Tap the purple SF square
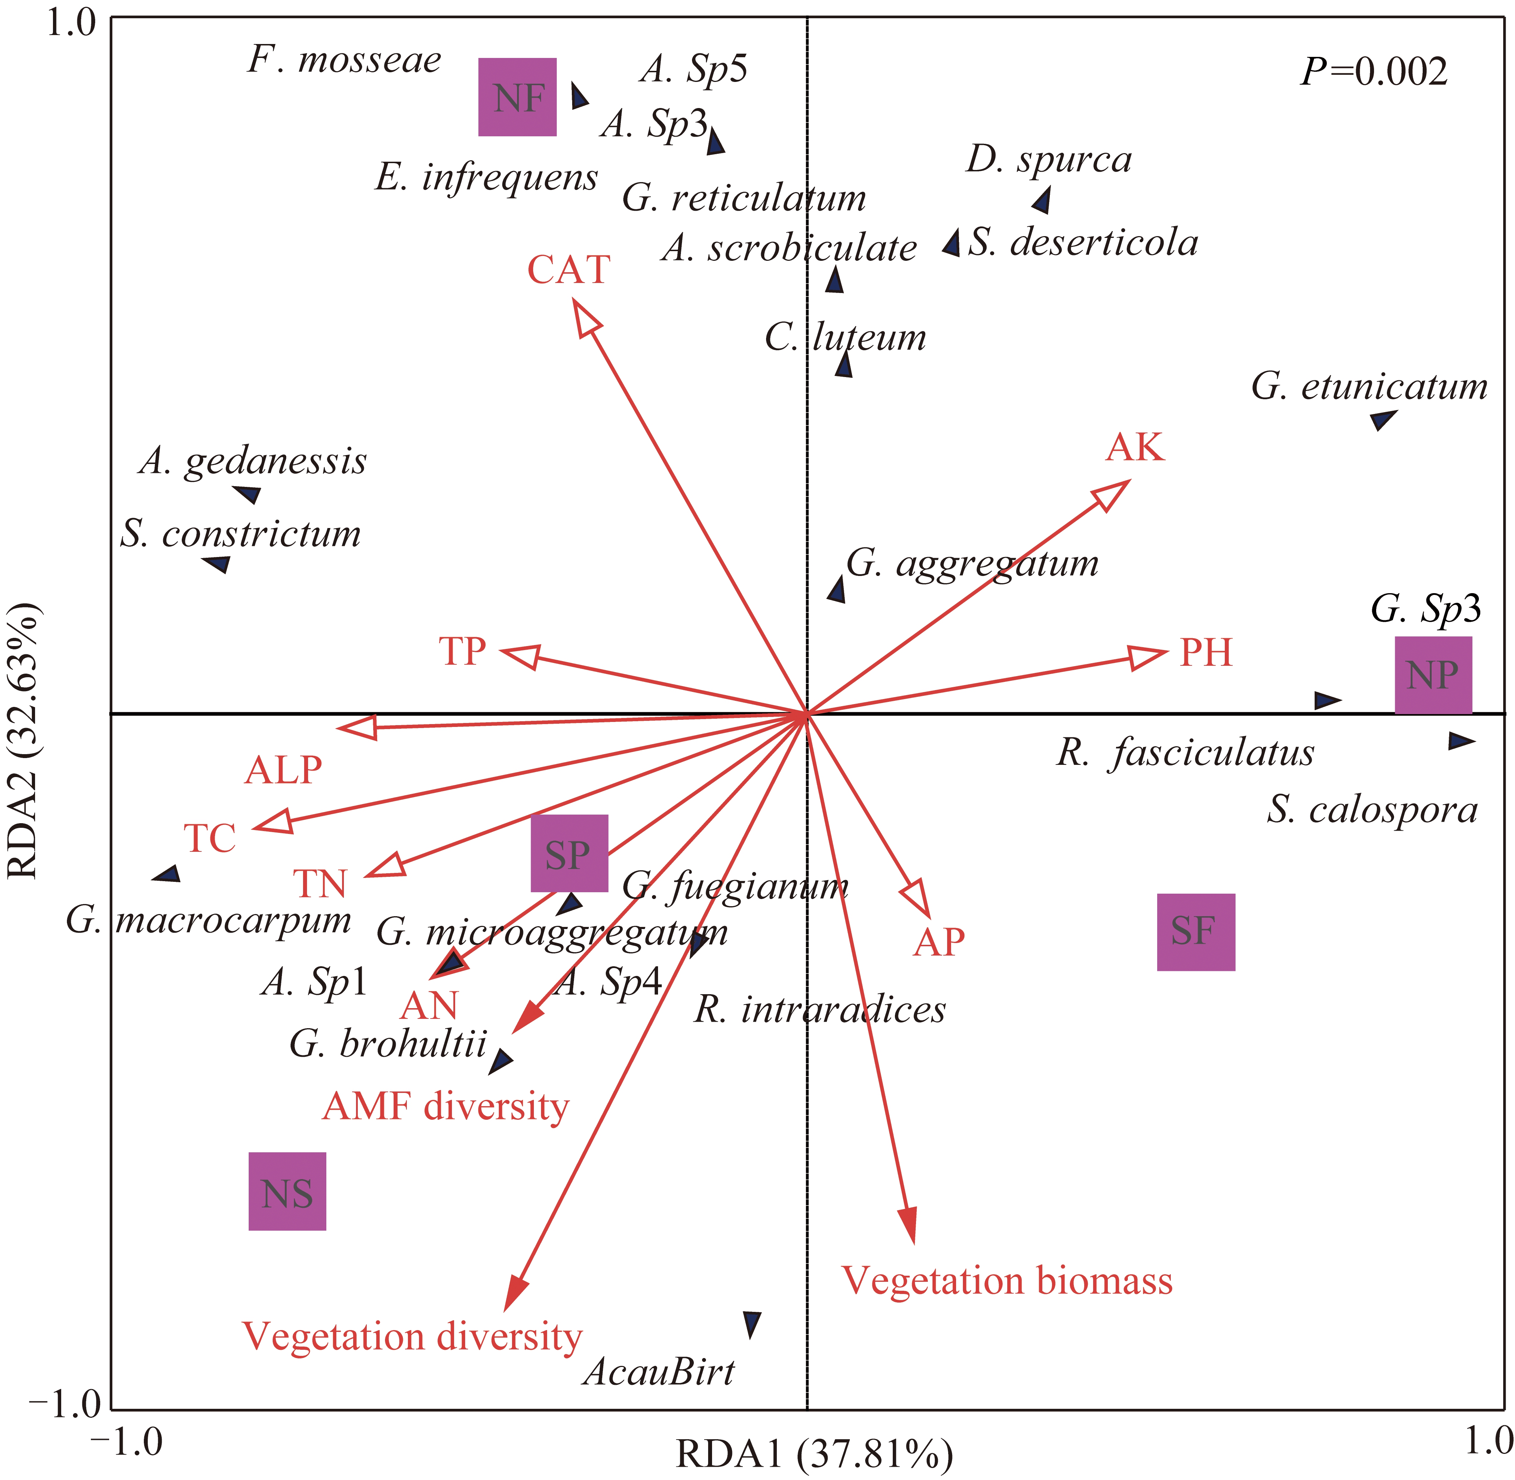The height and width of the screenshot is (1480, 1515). point(1195,932)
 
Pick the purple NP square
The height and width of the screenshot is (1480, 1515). point(1433,675)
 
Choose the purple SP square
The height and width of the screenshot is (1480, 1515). point(569,854)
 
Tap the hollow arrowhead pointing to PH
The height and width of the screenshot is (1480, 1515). point(1146,658)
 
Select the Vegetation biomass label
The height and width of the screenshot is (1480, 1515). point(1007,1281)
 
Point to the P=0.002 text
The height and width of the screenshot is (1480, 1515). point(1374,72)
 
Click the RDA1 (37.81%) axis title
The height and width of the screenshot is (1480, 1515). point(815,1455)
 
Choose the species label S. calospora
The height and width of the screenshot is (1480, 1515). point(1372,811)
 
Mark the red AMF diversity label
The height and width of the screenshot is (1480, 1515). point(445,1107)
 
